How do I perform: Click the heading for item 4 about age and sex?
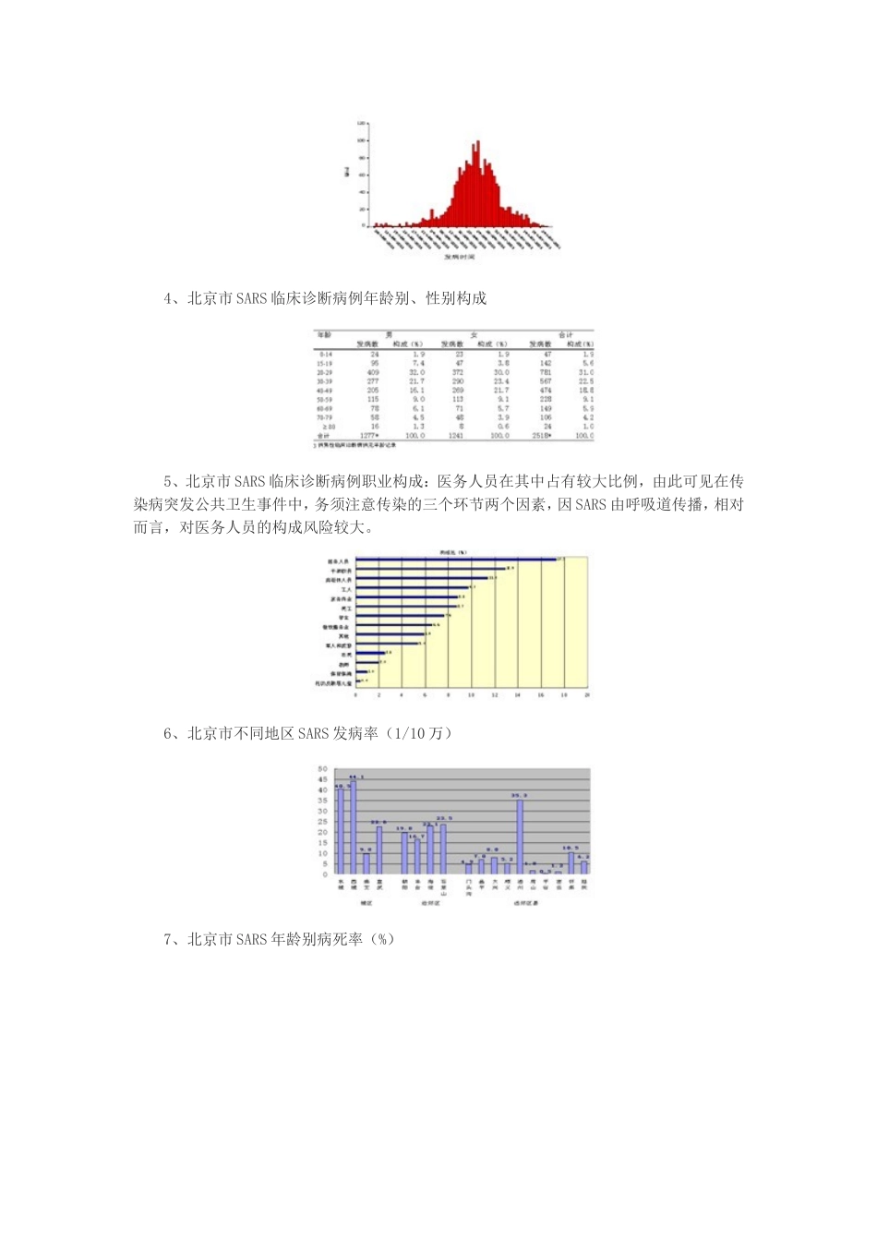(325, 298)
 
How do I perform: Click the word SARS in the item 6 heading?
(313, 733)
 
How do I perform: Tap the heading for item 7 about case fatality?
(279, 939)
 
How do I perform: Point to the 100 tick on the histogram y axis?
(362, 140)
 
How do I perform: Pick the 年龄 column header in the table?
(325, 335)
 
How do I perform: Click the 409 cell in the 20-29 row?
(373, 372)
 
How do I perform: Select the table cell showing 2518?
(541, 435)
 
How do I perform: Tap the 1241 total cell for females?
(456, 435)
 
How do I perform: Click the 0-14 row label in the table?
(325, 355)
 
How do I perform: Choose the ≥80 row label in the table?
(324, 427)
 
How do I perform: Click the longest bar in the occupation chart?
(456, 559)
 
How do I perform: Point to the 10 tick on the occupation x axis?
(471, 694)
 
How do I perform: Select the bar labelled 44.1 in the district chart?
(353, 827)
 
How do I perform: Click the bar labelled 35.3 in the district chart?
(520, 836)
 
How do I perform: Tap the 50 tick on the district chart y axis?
(323, 769)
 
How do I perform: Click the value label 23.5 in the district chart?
(443, 818)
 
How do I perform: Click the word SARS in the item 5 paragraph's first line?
(250, 481)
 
